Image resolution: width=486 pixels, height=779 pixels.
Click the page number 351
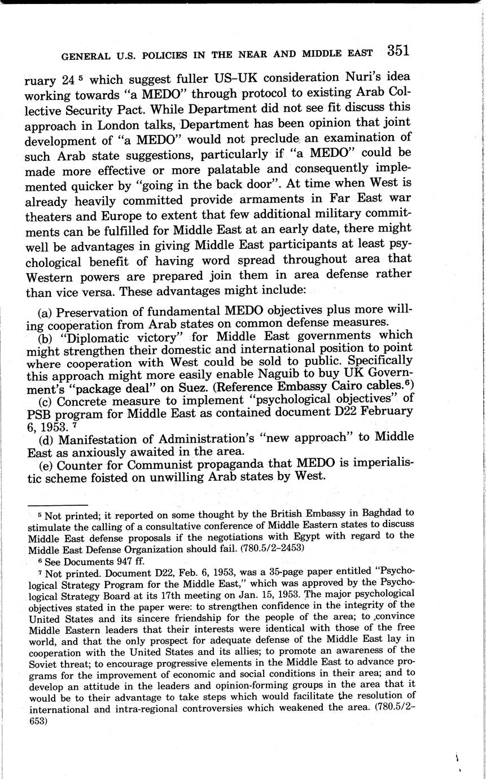tap(398, 50)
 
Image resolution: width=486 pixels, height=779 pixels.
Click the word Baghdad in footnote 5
tap(383, 513)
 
